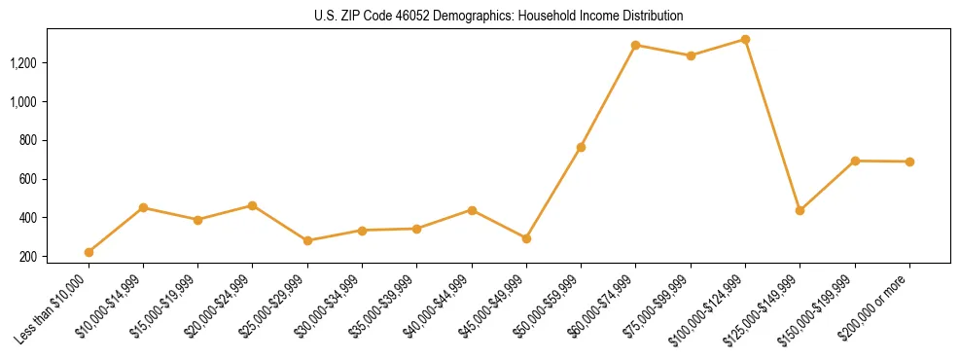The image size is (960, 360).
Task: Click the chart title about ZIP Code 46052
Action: [x=499, y=16]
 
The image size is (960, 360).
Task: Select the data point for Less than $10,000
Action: [x=89, y=252]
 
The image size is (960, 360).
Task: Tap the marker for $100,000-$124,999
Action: [x=745, y=39]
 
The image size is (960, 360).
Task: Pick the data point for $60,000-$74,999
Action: [x=635, y=45]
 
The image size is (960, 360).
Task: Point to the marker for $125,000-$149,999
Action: [x=800, y=210]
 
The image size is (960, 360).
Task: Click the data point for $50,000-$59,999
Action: [x=581, y=147]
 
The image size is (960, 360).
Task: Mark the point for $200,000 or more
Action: [x=909, y=162]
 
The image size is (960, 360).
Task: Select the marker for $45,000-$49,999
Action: [x=526, y=238]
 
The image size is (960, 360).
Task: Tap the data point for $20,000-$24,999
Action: [x=253, y=205]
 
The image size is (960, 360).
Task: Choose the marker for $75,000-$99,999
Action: [x=691, y=55]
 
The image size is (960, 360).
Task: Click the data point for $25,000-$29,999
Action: [x=307, y=240]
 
